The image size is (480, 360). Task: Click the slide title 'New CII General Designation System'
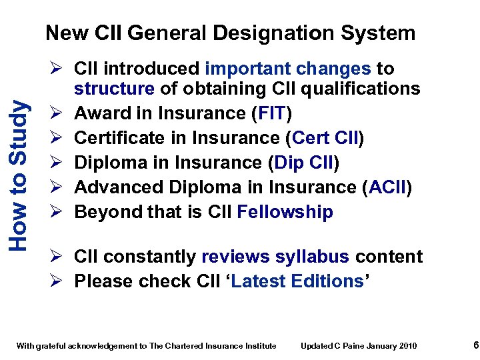click(x=230, y=33)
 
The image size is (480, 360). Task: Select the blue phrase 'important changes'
click(x=288, y=69)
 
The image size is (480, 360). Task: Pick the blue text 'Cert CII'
click(x=325, y=138)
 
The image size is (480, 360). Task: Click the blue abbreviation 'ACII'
click(x=387, y=187)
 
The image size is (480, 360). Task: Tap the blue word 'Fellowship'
click(x=285, y=212)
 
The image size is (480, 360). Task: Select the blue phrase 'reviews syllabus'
click(x=275, y=257)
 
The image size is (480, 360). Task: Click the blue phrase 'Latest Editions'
click(x=297, y=281)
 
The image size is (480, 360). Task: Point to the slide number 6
click(x=457, y=345)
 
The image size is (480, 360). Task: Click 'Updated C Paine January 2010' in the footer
click(x=359, y=345)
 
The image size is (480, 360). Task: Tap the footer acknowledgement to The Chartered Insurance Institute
click(x=146, y=345)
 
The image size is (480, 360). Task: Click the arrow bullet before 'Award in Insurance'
click(x=57, y=113)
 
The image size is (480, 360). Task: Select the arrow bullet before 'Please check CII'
click(x=57, y=281)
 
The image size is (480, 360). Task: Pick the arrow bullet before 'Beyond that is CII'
click(x=57, y=212)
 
